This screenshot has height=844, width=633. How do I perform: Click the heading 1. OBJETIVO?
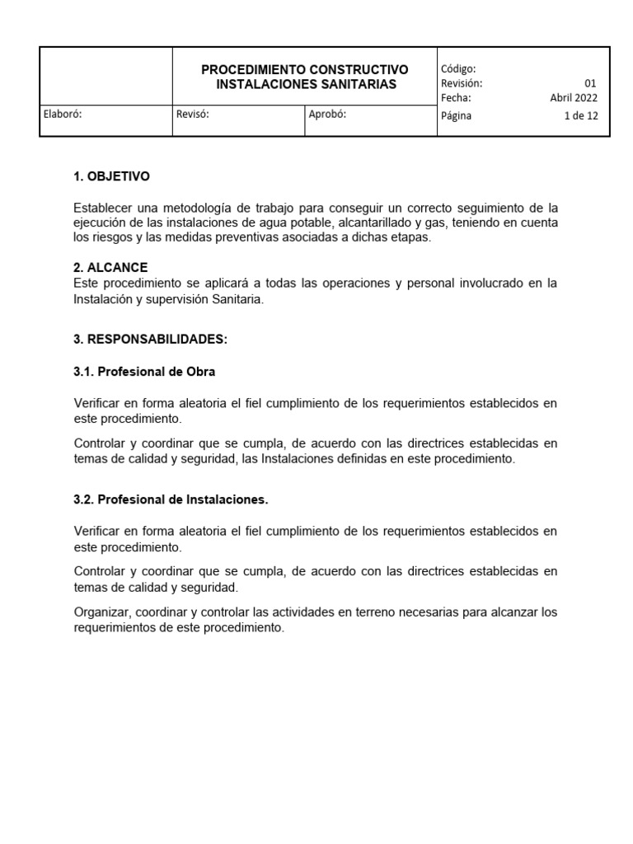(111, 176)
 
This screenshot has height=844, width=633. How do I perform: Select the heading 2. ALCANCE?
(110, 267)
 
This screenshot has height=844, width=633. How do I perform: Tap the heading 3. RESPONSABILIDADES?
(150, 339)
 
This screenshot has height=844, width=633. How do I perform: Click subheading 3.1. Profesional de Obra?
(144, 372)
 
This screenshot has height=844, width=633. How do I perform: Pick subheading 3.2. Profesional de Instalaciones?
(171, 499)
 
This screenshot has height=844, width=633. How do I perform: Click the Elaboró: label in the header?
(63, 115)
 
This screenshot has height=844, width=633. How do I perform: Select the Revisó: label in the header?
(193, 115)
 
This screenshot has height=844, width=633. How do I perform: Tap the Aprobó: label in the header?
(327, 115)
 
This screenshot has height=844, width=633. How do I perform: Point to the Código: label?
(458, 69)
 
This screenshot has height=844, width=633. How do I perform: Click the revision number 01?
(590, 83)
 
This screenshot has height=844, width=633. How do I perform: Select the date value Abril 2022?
(574, 97)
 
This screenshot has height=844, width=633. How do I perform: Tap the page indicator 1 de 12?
(581, 116)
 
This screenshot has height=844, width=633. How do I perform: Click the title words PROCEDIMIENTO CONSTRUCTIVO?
(305, 69)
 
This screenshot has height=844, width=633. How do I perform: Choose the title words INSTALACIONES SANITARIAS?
(306, 84)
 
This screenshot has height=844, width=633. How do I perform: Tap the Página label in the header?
(457, 116)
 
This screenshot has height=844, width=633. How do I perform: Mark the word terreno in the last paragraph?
(390, 612)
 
